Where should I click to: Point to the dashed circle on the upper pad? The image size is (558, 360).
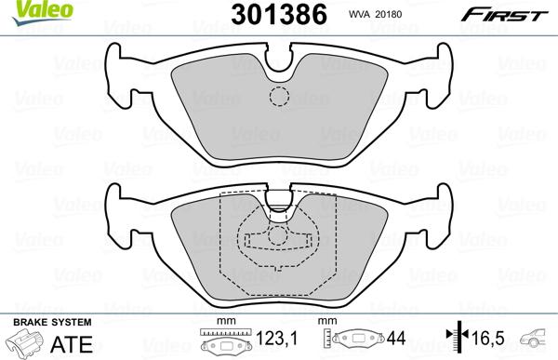click(278, 96)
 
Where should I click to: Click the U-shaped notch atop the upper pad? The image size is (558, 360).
click(278, 63)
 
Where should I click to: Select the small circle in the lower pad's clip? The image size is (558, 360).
click(278, 234)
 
